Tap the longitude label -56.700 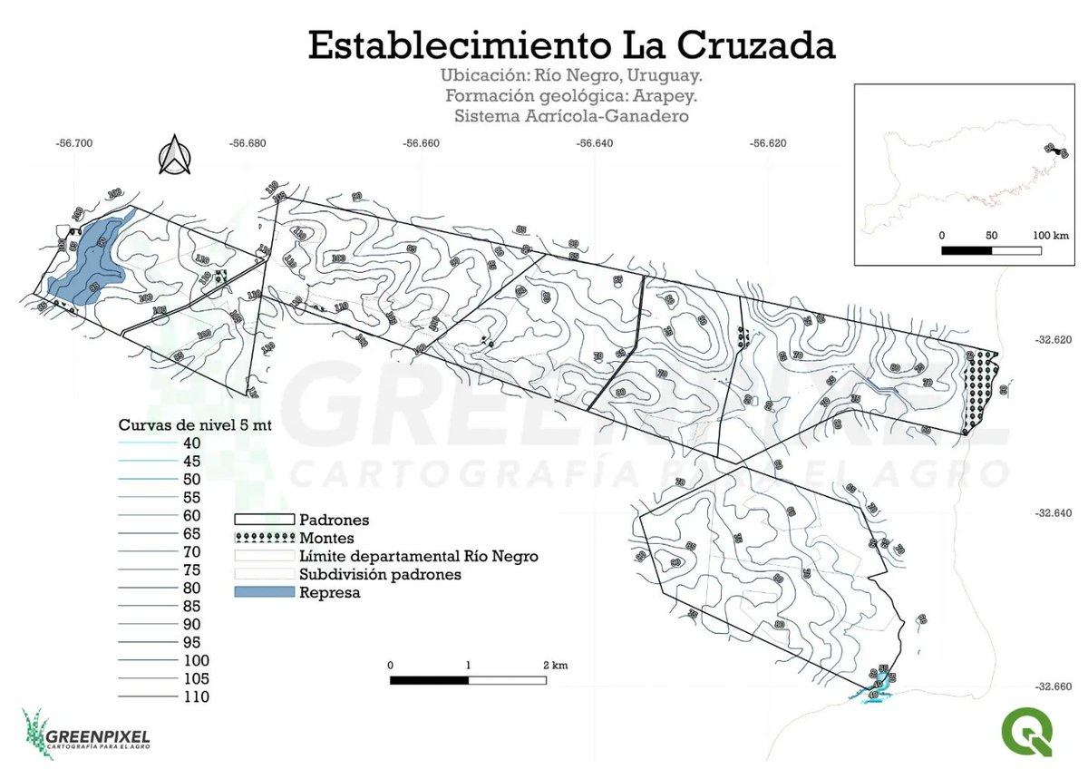74,143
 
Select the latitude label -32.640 1054,513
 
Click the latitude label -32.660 1054,686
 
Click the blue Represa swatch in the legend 264,592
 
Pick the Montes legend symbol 264,538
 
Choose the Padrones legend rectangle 264,520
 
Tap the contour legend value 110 196,697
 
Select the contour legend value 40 192,443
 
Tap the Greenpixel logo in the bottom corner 85,734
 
